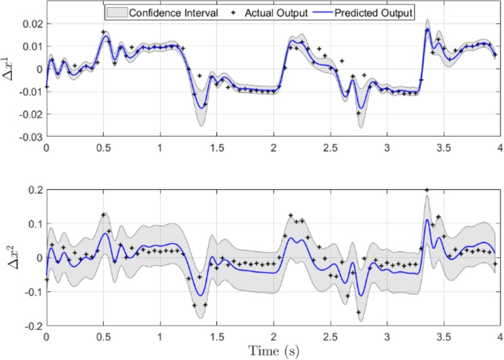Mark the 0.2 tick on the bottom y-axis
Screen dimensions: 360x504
[34, 190]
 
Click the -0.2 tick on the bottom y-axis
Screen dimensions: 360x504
[32, 326]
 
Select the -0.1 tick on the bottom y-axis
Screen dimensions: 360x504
[32, 292]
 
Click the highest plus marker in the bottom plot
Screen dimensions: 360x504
[427, 190]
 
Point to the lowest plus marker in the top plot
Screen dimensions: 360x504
[358, 113]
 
